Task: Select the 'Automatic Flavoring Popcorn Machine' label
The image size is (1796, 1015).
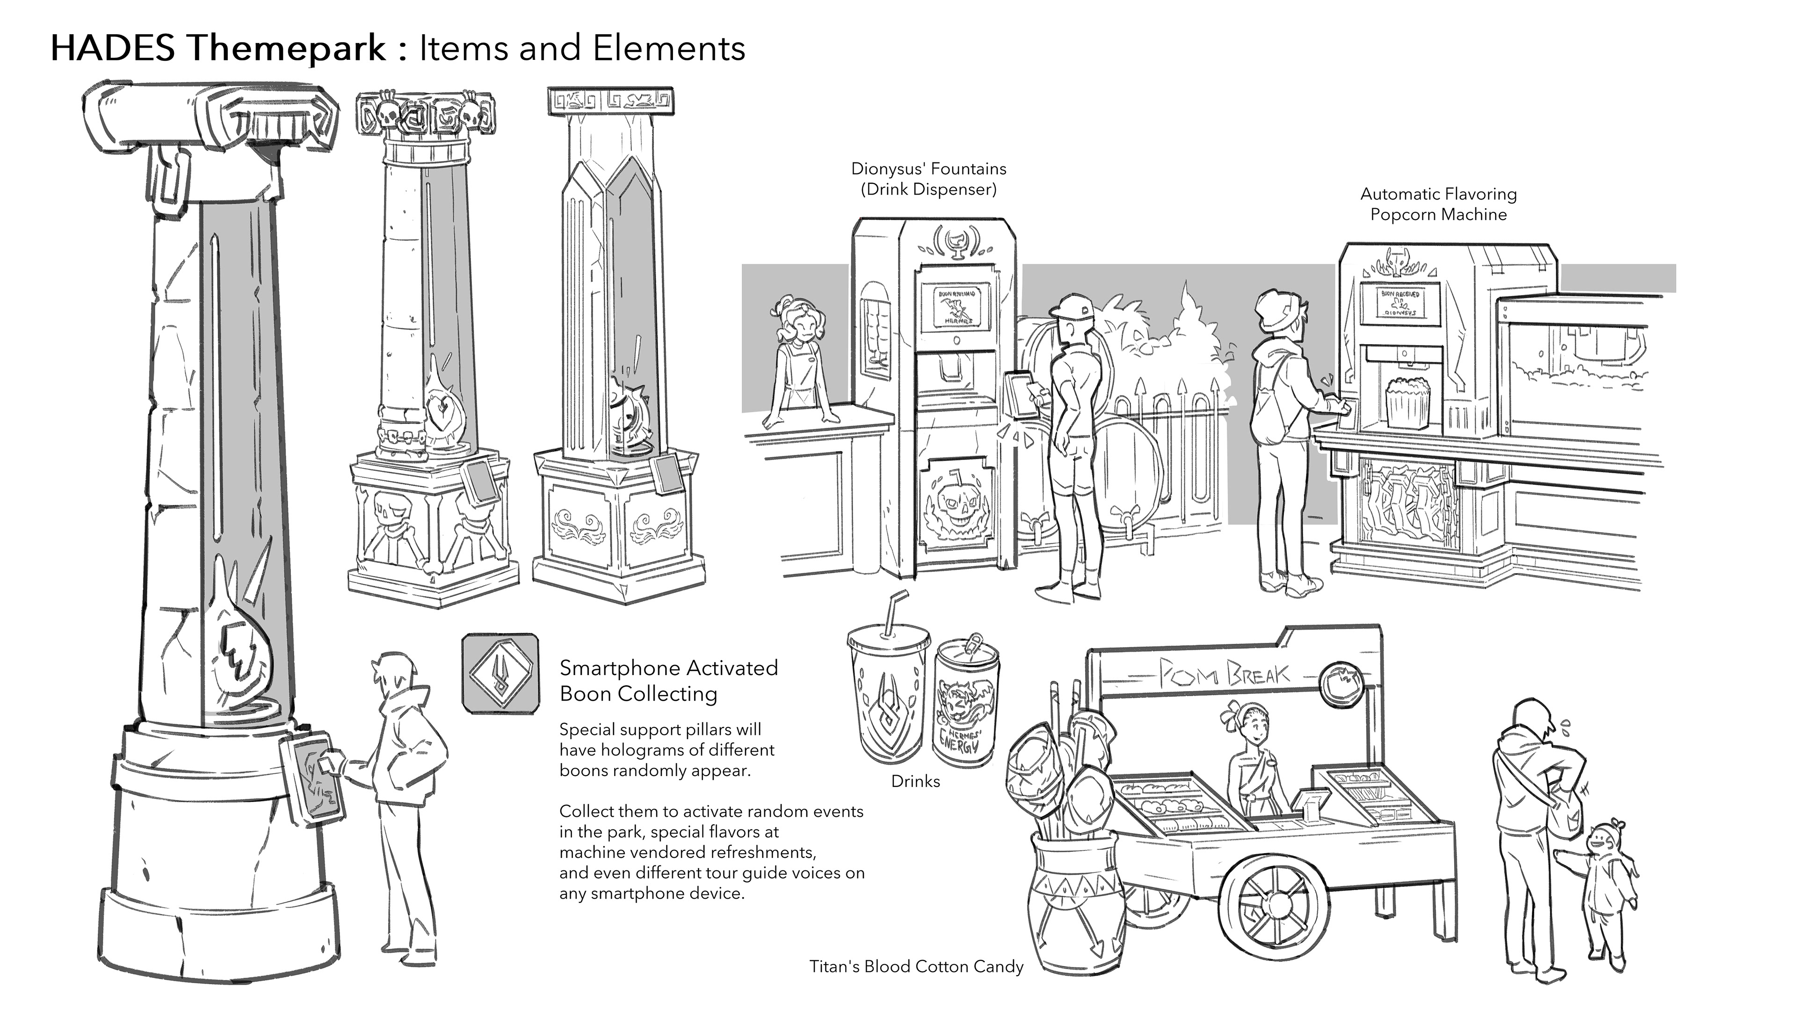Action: (1438, 203)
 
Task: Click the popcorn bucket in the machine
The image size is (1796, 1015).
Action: (1404, 402)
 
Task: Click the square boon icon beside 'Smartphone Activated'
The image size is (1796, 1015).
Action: (500, 673)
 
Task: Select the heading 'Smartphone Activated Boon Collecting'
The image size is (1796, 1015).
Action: (668, 680)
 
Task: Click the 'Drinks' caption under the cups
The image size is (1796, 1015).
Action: (915, 781)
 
